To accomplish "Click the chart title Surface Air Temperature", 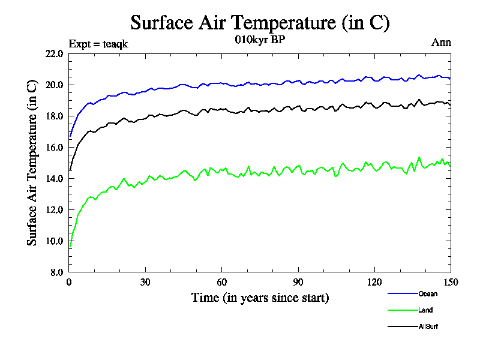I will point(260,23).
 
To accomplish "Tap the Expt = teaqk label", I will point(98,43).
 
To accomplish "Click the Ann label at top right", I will point(441,43).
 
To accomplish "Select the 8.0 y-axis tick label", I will point(56,272).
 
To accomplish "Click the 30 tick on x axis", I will point(145,283).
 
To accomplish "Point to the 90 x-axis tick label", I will point(298,283).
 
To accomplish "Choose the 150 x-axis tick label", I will point(451,283).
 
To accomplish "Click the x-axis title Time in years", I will point(260,298).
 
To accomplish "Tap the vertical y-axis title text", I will point(33,163).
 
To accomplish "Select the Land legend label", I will point(425,310).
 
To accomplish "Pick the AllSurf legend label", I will point(428,326).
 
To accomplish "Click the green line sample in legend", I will point(402,310).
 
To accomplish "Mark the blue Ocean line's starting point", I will point(70,136).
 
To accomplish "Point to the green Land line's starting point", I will point(70,247).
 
